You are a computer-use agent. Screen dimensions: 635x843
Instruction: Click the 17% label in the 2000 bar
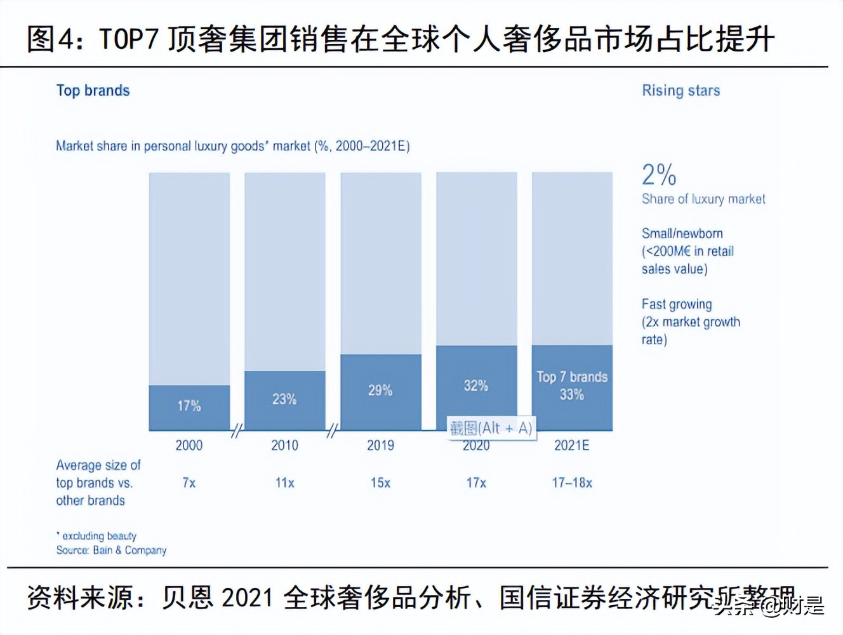tap(189, 406)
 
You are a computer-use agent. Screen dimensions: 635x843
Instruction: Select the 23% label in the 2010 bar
tap(284, 399)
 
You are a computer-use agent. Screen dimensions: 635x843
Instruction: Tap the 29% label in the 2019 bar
tap(380, 390)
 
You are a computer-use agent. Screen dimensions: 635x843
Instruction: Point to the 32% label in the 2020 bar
tap(476, 385)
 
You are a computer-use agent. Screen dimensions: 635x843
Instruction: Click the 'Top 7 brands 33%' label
tap(572, 385)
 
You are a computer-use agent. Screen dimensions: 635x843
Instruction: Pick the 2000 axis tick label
tap(189, 445)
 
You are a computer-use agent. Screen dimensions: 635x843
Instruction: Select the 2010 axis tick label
tap(284, 445)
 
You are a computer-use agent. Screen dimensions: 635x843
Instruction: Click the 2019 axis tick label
tap(380, 445)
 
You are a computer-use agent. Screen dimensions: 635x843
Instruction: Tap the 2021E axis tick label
tap(572, 445)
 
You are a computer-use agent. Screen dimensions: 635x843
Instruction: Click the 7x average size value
tap(189, 483)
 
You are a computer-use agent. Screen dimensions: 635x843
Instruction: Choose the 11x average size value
tap(284, 483)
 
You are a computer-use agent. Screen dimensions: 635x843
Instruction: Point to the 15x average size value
tap(380, 483)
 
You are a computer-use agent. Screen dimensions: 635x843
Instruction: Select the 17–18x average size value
tap(572, 483)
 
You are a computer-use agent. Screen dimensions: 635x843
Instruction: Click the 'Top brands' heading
tap(93, 91)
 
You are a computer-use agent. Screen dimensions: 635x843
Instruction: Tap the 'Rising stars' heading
tap(680, 91)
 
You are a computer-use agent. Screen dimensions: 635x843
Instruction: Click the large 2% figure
tap(659, 175)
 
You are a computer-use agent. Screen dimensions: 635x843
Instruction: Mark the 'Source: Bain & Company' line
tap(111, 550)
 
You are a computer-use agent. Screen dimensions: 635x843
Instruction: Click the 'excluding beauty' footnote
tap(98, 536)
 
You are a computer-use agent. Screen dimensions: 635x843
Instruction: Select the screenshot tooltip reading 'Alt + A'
tap(491, 428)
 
